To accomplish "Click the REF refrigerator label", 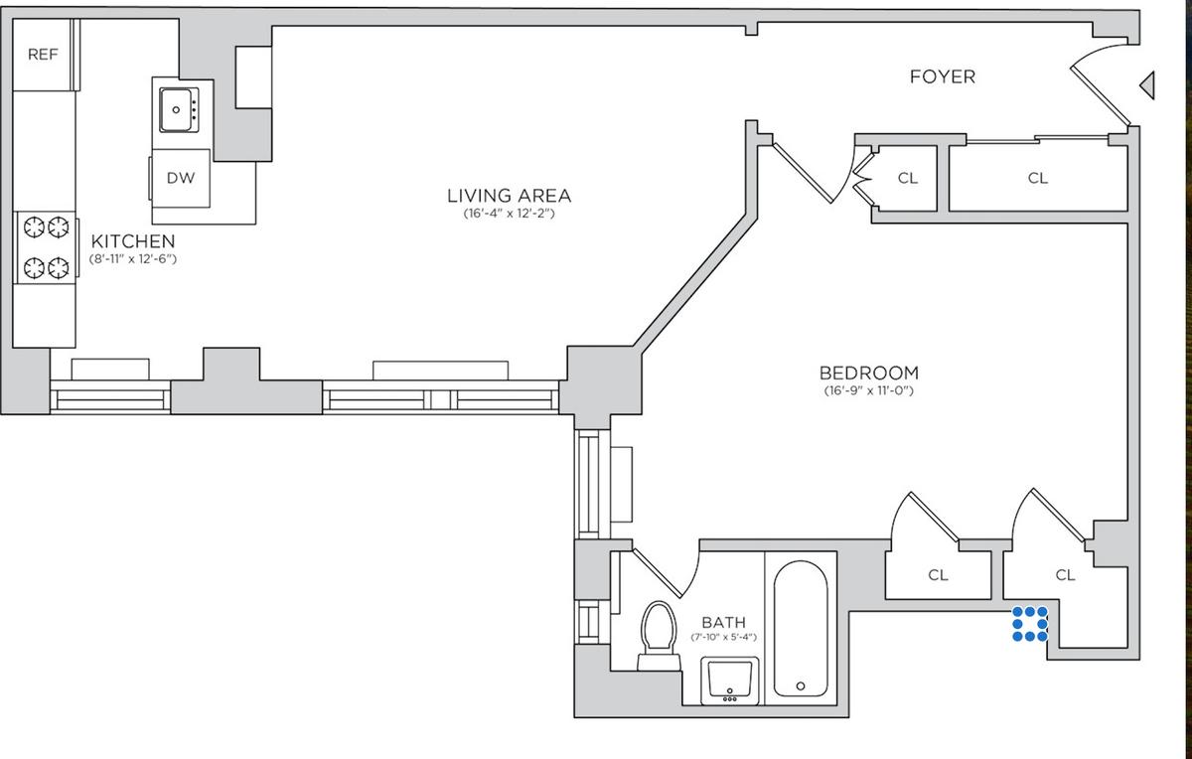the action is coord(43,55).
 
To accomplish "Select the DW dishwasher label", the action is coord(181,178).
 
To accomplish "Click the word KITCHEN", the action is coord(133,241).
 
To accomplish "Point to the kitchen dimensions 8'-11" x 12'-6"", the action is coord(132,259).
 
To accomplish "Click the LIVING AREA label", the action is coord(510,196).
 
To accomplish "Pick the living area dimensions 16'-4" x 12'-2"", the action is coord(510,214).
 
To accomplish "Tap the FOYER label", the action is coord(943,77).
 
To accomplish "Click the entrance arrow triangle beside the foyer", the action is coord(1147,85).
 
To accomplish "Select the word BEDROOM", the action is coord(869,373).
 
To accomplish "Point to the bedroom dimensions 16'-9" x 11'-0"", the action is coord(869,390).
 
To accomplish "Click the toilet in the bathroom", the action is coord(659,636).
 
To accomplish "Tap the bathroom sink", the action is coord(729,681).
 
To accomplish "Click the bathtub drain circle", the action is coord(801,686).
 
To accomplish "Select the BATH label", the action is coord(724,622).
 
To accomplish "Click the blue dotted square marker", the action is coord(1030,624).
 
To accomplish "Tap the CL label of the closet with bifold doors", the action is coord(908,178).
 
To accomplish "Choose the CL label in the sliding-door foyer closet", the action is coord(1038,178).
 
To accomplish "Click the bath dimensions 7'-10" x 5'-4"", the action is coord(724,637).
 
